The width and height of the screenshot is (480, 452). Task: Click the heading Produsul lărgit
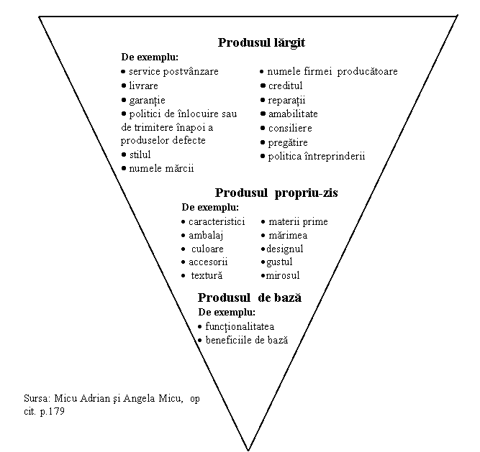pyautogui.click(x=261, y=43)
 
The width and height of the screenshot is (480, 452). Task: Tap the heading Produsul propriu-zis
pyautogui.click(x=276, y=193)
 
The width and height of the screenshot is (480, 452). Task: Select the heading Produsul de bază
pyautogui.click(x=250, y=298)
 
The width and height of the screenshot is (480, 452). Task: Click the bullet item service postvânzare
pyautogui.click(x=170, y=72)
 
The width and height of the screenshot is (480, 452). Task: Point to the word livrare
pyautogui.click(x=143, y=86)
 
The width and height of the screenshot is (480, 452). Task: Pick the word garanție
pyautogui.click(x=148, y=101)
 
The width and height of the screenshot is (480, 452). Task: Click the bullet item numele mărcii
pyautogui.click(x=158, y=168)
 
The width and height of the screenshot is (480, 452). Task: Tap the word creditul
pyautogui.click(x=285, y=86)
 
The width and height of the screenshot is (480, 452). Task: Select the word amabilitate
pyautogui.click(x=293, y=114)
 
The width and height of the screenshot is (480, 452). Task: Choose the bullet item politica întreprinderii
pyautogui.click(x=313, y=157)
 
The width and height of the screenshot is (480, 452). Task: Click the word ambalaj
pyautogui.click(x=206, y=236)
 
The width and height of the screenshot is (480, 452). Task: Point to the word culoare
pyautogui.click(x=207, y=249)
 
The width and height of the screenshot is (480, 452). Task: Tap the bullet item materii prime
pyautogui.click(x=294, y=221)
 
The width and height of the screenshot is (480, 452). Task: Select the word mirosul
pyautogui.click(x=283, y=276)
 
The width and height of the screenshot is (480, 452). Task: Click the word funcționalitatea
pyautogui.click(x=240, y=327)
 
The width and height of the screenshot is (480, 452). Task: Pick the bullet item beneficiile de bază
pyautogui.click(x=243, y=341)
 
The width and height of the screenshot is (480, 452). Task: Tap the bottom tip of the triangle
pyautogui.click(x=248, y=450)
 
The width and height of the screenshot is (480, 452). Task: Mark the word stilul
pyautogui.click(x=140, y=154)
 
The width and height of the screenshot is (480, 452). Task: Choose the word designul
pyautogui.click(x=285, y=249)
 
